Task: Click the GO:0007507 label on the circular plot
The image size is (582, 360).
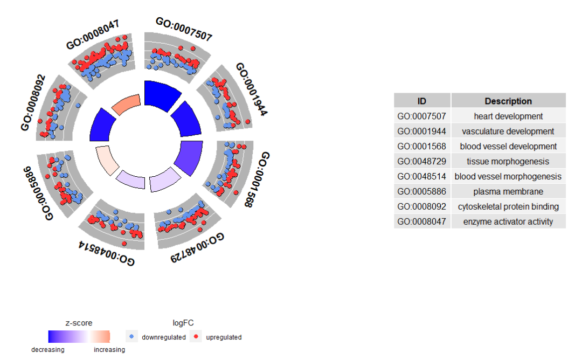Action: (x=184, y=29)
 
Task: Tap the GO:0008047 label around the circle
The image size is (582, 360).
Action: (x=93, y=35)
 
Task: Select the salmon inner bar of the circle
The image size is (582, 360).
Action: (x=127, y=103)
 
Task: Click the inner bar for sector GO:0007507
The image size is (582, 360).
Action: (x=163, y=94)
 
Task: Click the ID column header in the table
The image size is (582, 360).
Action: (x=422, y=101)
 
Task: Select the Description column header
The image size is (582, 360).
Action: (x=508, y=101)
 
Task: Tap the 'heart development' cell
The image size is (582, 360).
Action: (x=508, y=116)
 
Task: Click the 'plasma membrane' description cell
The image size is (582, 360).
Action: (x=508, y=191)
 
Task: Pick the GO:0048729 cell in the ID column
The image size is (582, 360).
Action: (x=422, y=161)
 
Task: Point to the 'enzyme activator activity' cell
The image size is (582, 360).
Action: (x=508, y=221)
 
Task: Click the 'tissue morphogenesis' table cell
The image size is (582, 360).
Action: (x=508, y=161)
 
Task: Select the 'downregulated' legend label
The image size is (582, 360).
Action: (x=163, y=337)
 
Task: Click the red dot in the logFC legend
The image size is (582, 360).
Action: (x=196, y=337)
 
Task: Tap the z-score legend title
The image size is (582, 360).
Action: (x=79, y=323)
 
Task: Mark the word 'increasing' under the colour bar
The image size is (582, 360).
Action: (x=109, y=350)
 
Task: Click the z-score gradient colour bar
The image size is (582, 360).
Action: (x=79, y=337)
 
